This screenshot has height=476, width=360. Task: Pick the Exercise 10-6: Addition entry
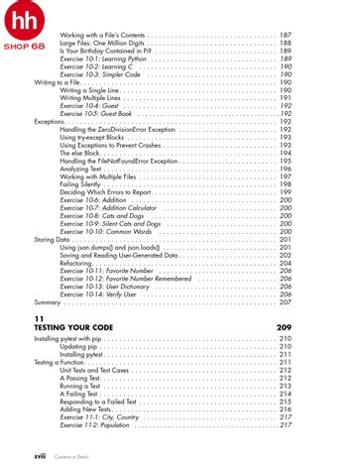pos(93,199)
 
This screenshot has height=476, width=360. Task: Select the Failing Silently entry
pos(83,183)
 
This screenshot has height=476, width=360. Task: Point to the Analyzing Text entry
pos(81,168)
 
